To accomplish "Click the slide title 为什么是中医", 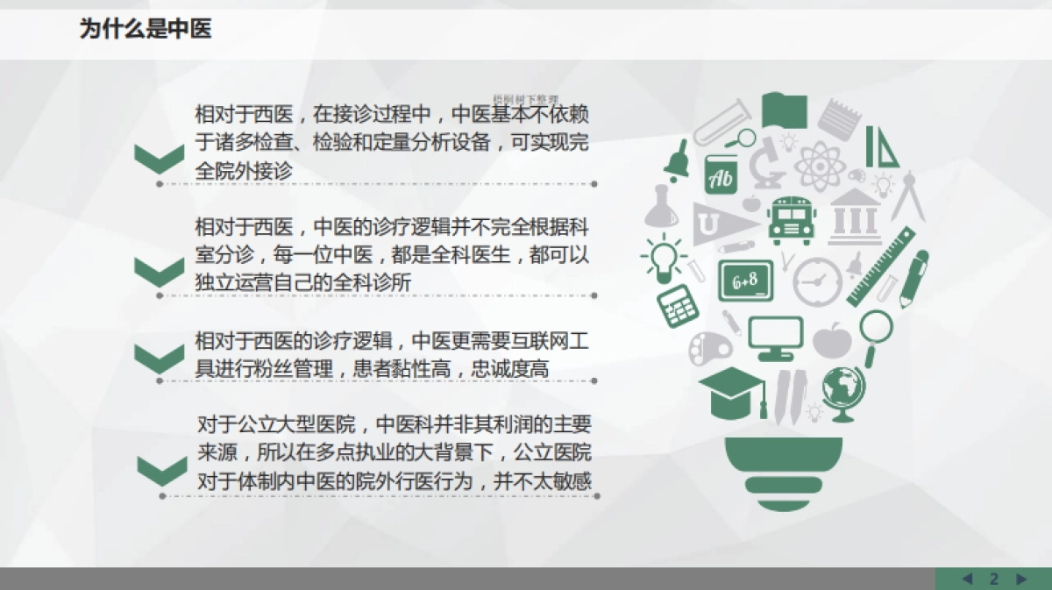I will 146,30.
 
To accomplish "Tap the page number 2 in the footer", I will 994,579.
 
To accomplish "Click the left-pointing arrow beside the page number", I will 967,579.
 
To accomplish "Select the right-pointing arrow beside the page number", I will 1020,579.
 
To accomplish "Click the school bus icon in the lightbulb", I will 789,220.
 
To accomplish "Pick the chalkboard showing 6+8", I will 745,281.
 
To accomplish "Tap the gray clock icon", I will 818,280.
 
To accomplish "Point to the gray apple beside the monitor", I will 831,338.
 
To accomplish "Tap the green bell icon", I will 676,160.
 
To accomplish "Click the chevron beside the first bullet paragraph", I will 159,158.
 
